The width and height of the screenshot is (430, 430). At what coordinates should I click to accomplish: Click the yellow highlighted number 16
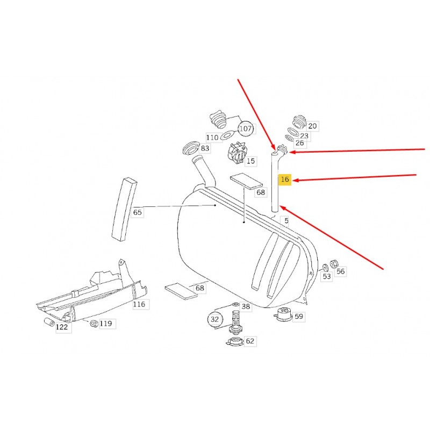pyautogui.click(x=285, y=180)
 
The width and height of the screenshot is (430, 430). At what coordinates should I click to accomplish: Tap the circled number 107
pyautogui.click(x=246, y=128)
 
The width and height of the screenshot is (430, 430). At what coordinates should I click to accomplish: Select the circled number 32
pyautogui.click(x=214, y=319)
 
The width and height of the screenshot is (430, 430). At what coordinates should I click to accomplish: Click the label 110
pyautogui.click(x=212, y=138)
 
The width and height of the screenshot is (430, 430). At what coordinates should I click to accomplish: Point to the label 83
pyautogui.click(x=205, y=148)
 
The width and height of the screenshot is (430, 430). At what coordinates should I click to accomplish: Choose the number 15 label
pyautogui.click(x=250, y=161)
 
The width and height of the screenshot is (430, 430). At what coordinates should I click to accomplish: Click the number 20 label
pyautogui.click(x=312, y=126)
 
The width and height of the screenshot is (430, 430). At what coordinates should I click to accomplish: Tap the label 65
pyautogui.click(x=138, y=212)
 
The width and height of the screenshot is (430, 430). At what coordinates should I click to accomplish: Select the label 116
pyautogui.click(x=139, y=304)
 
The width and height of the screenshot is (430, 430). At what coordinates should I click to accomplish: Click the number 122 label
pyautogui.click(x=62, y=327)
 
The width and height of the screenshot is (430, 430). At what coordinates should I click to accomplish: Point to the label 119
pyautogui.click(x=106, y=324)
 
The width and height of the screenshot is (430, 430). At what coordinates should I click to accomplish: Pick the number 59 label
pyautogui.click(x=299, y=317)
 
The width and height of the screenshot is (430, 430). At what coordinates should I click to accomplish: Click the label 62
pyautogui.click(x=250, y=341)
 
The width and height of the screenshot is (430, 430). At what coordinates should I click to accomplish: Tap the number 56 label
pyautogui.click(x=341, y=271)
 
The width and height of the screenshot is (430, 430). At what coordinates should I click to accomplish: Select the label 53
pyautogui.click(x=327, y=276)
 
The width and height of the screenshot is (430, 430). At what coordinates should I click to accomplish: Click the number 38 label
pyautogui.click(x=246, y=306)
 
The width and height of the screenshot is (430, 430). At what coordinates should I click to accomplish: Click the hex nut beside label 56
pyautogui.click(x=334, y=264)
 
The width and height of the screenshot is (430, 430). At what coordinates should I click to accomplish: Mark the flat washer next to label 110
pyautogui.click(x=228, y=135)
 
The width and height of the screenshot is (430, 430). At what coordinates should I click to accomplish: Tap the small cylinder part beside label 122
pyautogui.click(x=49, y=322)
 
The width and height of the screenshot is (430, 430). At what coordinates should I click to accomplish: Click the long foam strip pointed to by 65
pyautogui.click(x=124, y=210)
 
